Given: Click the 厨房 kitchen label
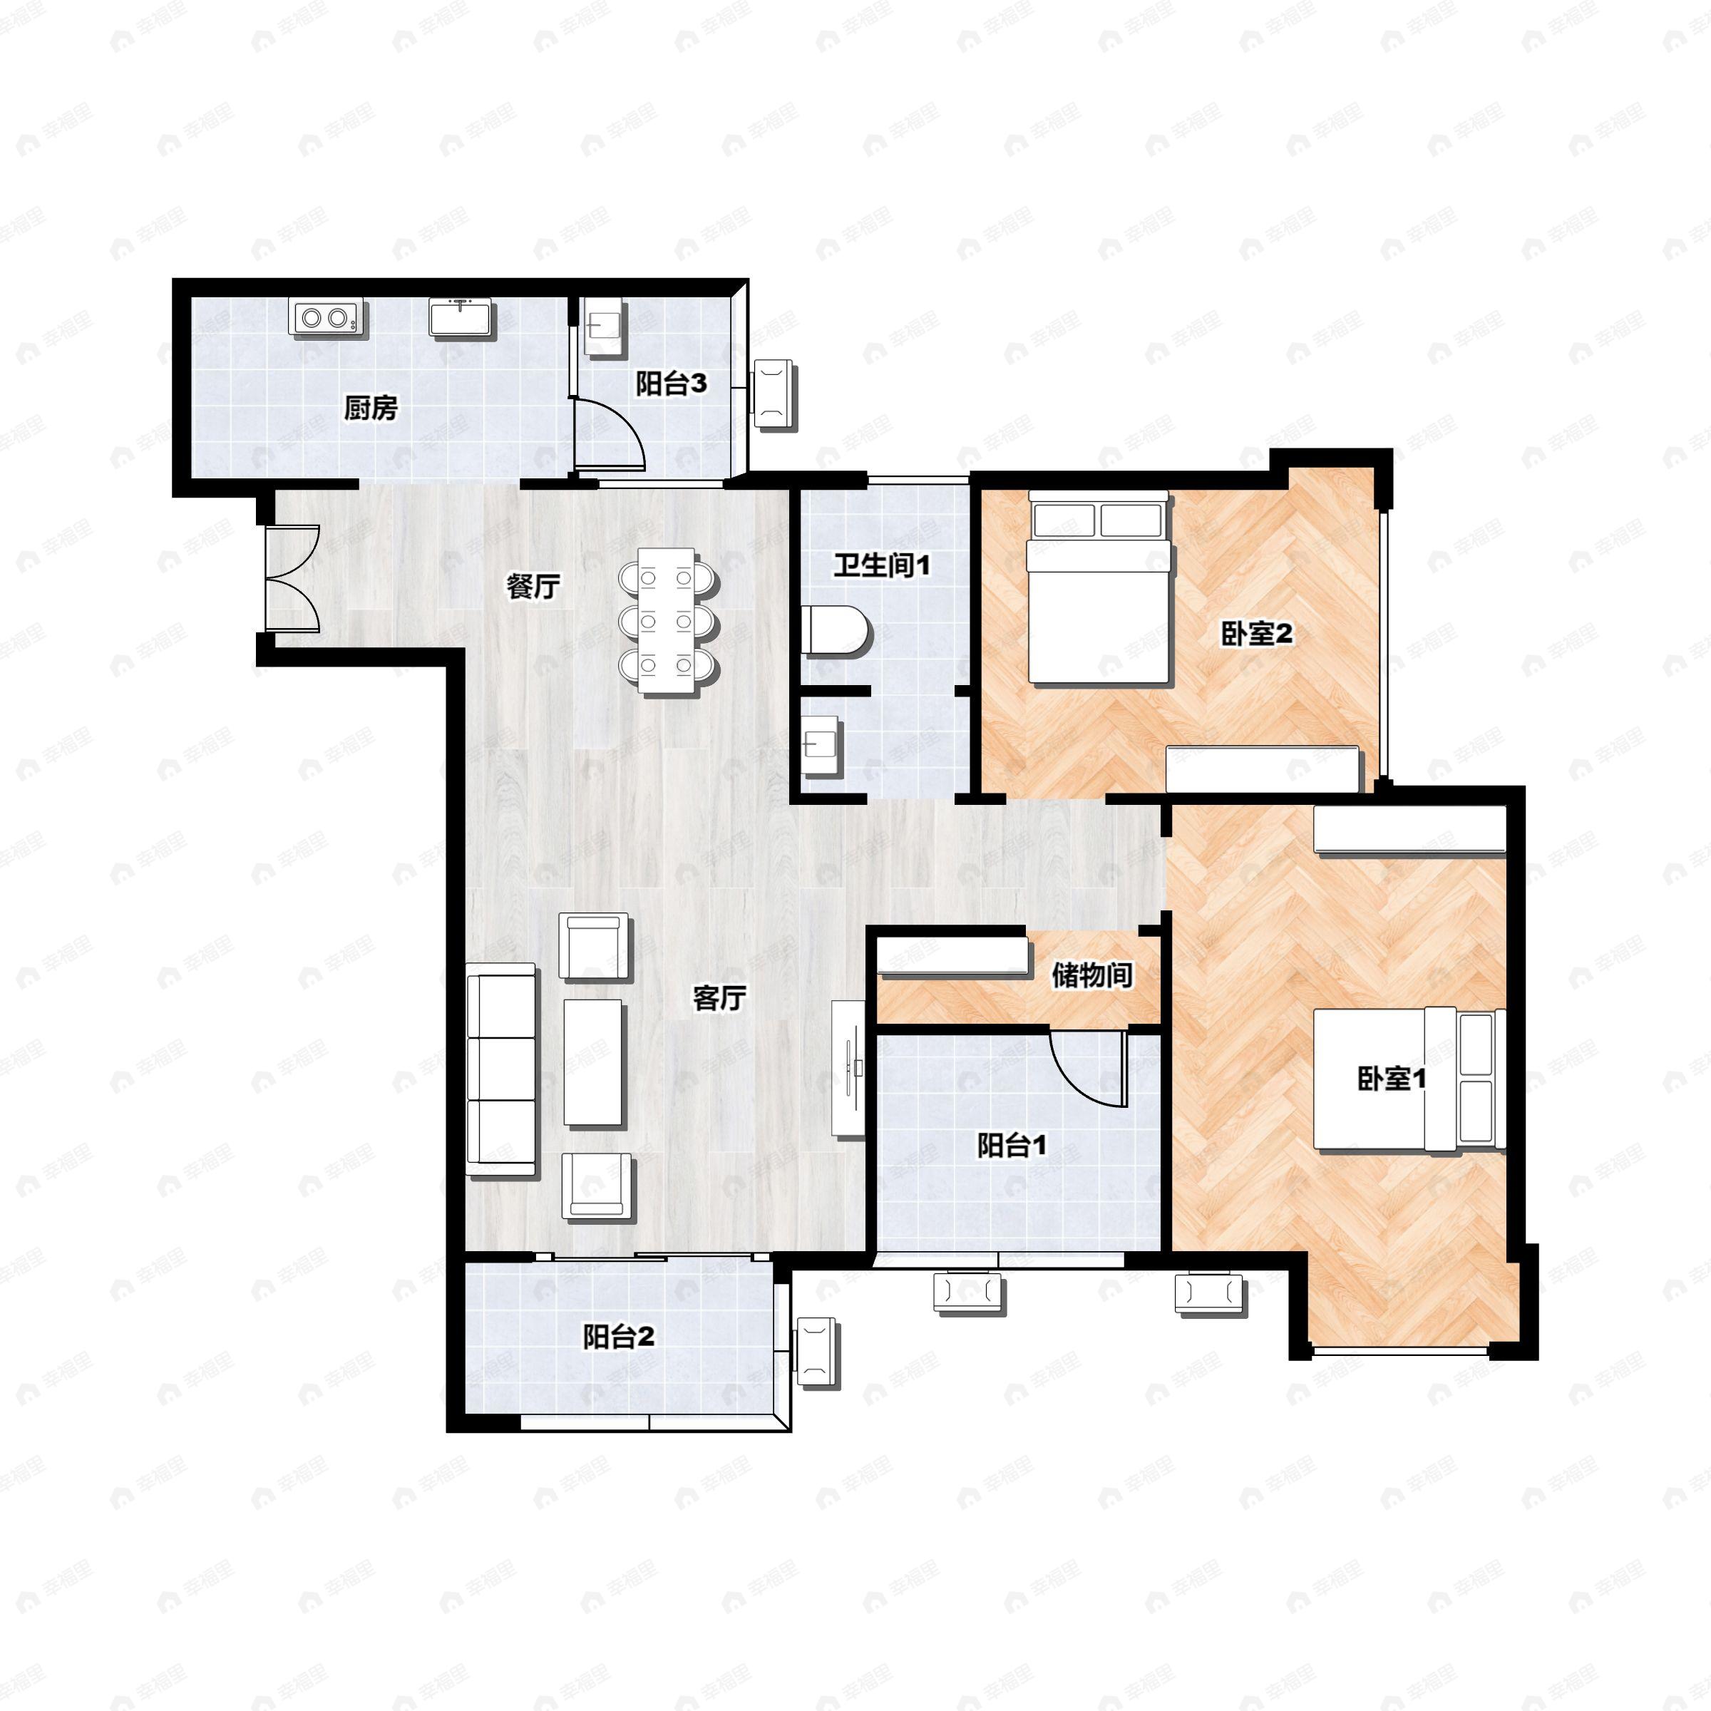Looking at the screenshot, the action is pos(370,409).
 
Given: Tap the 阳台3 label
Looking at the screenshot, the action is pos(672,384).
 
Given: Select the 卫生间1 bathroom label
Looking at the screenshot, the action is pos(882,565).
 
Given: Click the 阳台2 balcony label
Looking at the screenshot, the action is pos(618,1337).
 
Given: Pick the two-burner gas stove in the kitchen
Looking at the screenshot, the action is pos(326,317).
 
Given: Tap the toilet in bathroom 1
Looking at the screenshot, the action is pos(837,630).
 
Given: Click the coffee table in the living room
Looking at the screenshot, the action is pos(593,1063).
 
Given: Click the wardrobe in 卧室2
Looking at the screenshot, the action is pos(1262,769).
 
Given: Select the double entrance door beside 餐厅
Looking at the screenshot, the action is pos(292,578).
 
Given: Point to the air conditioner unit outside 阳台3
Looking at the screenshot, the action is pos(773,394).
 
